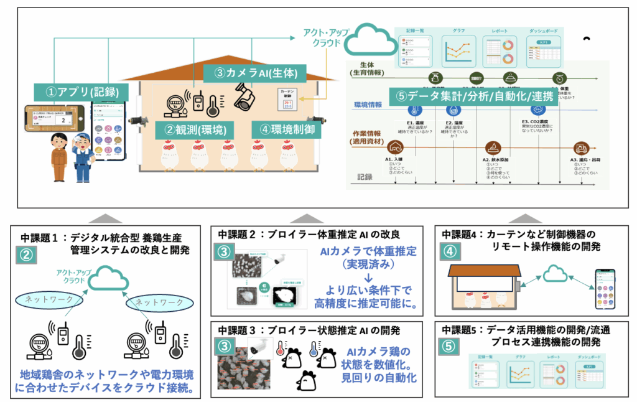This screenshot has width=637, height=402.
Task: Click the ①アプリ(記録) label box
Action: tap(83, 93)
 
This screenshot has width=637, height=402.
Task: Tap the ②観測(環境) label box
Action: tap(191, 129)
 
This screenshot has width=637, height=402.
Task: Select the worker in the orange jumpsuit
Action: tap(59, 156)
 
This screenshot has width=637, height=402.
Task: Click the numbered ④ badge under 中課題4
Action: tap(450, 251)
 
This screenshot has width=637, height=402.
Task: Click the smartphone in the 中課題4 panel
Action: tap(605, 287)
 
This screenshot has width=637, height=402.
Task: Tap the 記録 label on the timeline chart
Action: tap(365, 177)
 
